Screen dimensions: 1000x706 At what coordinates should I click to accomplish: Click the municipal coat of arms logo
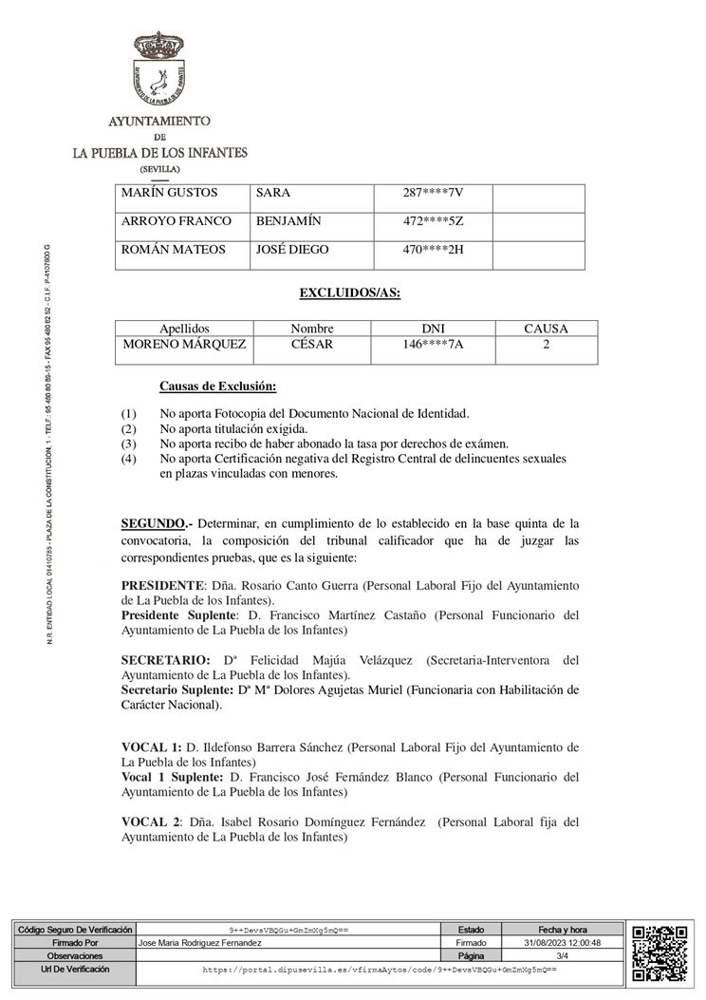tap(159, 72)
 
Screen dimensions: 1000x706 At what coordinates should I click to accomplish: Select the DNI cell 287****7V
tap(433, 194)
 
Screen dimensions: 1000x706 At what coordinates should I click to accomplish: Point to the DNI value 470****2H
tap(433, 250)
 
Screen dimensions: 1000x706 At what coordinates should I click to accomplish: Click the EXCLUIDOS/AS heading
tap(349, 292)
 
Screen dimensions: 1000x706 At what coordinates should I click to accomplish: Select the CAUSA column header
tap(546, 329)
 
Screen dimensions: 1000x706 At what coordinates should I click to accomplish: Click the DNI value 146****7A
tap(433, 345)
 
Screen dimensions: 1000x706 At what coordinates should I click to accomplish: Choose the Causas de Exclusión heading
tap(218, 387)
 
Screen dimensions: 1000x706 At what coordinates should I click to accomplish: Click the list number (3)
tap(129, 443)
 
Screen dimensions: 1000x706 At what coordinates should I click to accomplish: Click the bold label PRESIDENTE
tap(162, 585)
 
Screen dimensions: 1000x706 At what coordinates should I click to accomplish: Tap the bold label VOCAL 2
tap(151, 821)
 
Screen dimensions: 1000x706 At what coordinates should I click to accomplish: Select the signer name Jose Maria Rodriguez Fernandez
tap(200, 943)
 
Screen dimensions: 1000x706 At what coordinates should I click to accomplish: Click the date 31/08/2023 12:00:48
tap(562, 943)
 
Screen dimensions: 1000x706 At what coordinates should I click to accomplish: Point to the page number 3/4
tap(562, 956)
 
